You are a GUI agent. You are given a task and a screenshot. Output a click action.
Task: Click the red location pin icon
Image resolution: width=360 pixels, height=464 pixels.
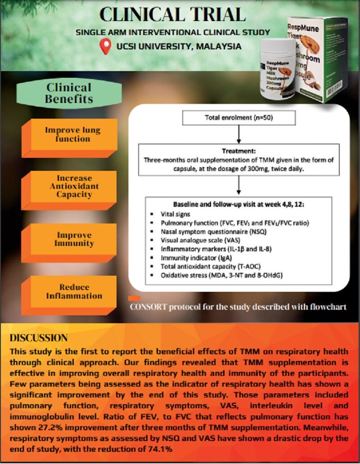[x=105, y=46]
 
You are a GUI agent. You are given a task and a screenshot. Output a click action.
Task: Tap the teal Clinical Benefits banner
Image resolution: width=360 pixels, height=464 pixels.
[x=69, y=93]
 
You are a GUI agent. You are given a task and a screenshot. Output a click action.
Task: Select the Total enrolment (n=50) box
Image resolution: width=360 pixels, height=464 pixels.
[x=238, y=118]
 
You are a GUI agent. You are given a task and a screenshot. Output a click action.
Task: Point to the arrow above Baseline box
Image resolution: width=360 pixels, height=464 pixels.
[x=238, y=186]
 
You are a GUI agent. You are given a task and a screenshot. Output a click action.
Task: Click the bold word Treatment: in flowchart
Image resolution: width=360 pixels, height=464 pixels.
[x=238, y=152]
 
